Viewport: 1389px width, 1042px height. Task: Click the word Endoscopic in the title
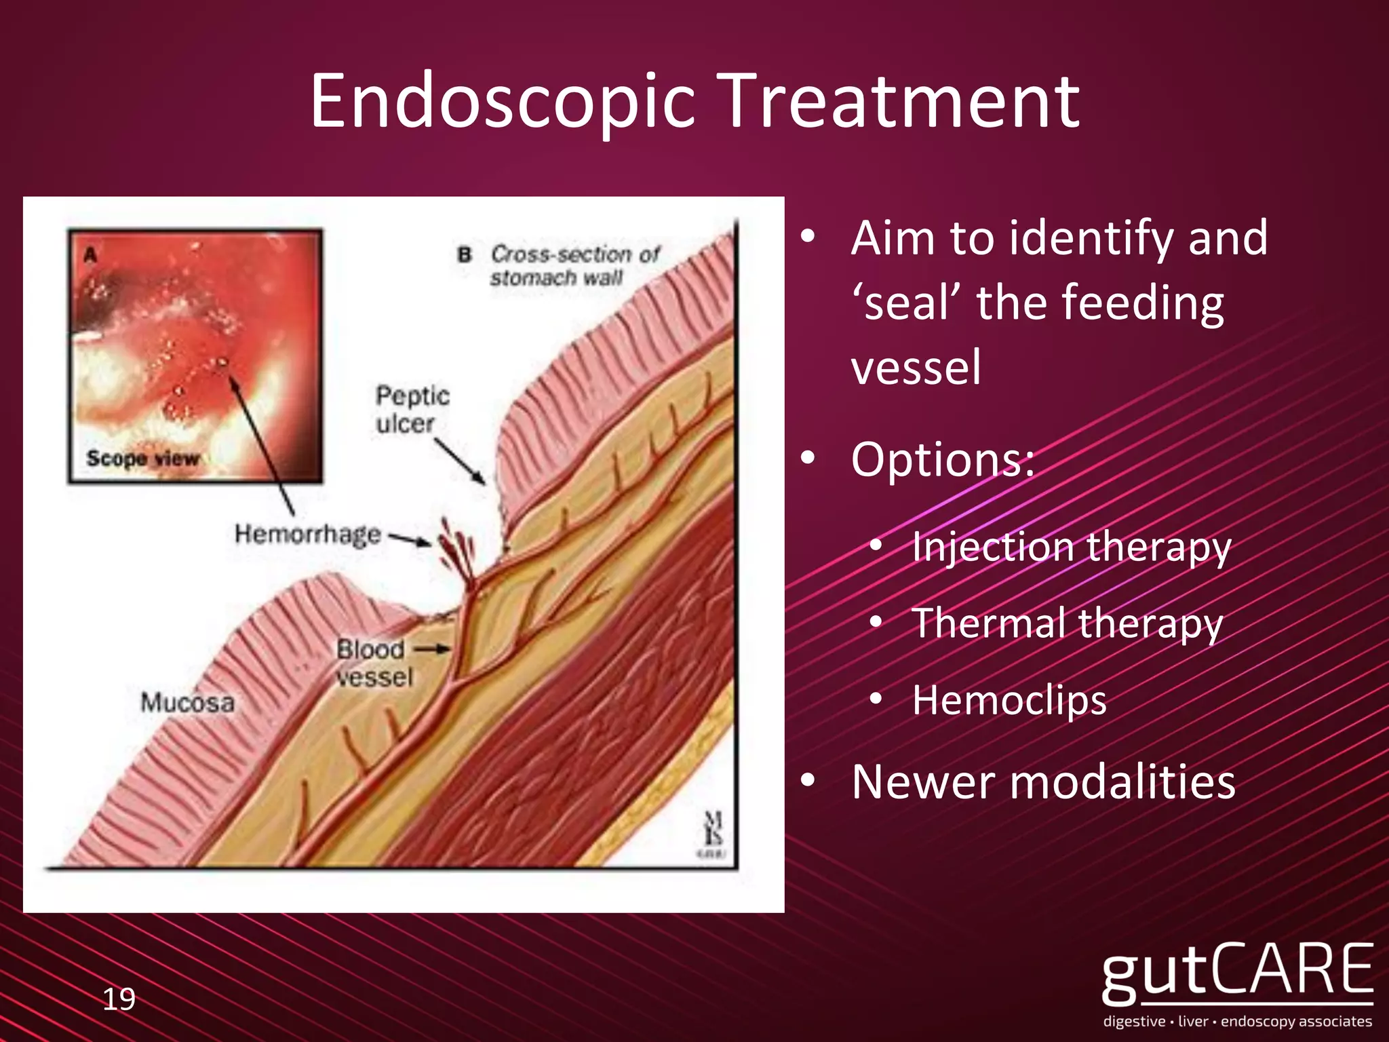pyautogui.click(x=502, y=102)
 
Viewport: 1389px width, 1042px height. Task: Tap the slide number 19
pyautogui.click(x=119, y=999)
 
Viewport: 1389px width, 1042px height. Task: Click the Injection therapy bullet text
pyautogui.click(x=1071, y=547)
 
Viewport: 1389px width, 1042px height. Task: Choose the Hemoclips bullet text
pyautogui.click(x=1009, y=700)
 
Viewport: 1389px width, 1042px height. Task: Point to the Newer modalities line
pyautogui.click(x=1043, y=782)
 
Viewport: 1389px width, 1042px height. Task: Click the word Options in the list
pyautogui.click(x=942, y=459)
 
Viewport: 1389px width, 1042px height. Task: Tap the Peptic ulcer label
pyautogui.click(x=412, y=409)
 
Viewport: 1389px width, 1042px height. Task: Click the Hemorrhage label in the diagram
pyautogui.click(x=307, y=534)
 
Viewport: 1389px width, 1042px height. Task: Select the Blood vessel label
pyautogui.click(x=374, y=663)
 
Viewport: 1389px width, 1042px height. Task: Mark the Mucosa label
pyautogui.click(x=187, y=702)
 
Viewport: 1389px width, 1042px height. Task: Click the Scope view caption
pyautogui.click(x=142, y=458)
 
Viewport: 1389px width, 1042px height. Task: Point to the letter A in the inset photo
pyautogui.click(x=90, y=255)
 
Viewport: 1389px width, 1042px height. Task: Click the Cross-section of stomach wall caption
pyautogui.click(x=573, y=265)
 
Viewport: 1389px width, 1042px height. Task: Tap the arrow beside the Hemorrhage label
pyautogui.click(x=409, y=539)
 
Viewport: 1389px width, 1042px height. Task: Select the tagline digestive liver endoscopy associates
pyautogui.click(x=1237, y=1022)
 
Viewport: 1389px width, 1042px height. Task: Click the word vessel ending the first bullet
pyautogui.click(x=916, y=367)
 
